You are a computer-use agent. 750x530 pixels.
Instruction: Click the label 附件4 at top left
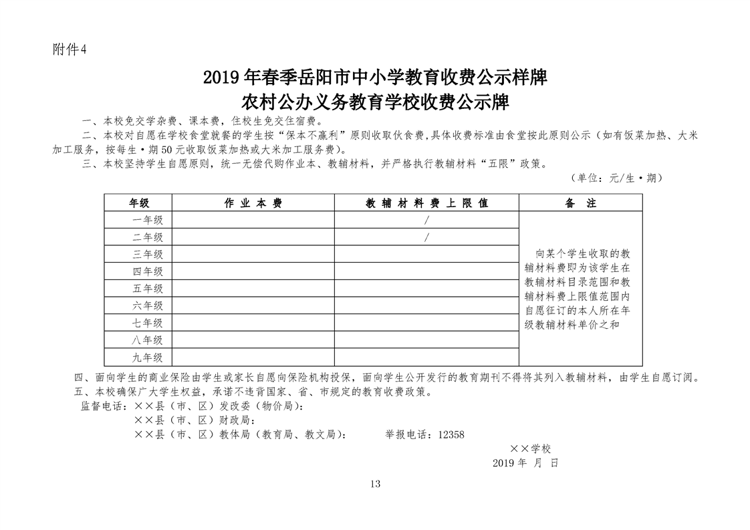coord(70,51)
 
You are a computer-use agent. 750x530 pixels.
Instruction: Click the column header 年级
coord(138,203)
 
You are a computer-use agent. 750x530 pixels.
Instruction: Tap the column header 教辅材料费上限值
coord(426,203)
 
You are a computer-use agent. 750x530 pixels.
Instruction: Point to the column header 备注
coord(580,203)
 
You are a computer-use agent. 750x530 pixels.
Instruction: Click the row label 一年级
coord(148,220)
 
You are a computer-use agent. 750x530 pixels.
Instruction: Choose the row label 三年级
coord(148,254)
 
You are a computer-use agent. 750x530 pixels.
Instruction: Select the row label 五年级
coord(148,288)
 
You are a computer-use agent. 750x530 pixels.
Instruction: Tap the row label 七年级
coord(148,323)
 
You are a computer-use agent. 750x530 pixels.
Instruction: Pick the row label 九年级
coord(148,357)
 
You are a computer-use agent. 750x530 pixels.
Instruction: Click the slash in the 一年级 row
coord(426,220)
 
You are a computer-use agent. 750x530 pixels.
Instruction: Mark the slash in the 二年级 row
coord(426,237)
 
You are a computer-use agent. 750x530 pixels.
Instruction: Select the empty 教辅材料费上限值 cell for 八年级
coord(426,340)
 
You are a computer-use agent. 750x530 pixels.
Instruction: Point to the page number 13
coord(374,484)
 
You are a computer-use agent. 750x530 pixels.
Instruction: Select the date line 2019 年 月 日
coord(524,462)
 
